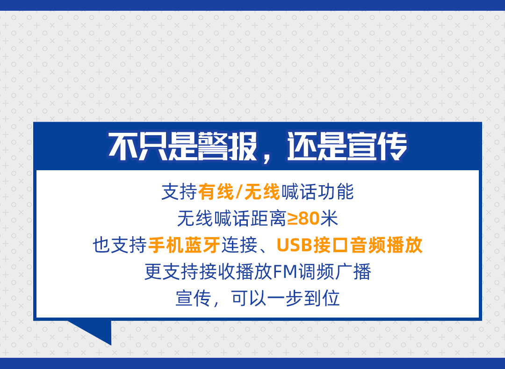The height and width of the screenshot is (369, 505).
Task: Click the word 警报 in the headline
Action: (227, 147)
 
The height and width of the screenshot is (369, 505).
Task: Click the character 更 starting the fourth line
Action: (153, 272)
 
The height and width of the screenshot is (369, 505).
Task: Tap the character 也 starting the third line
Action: (101, 245)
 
